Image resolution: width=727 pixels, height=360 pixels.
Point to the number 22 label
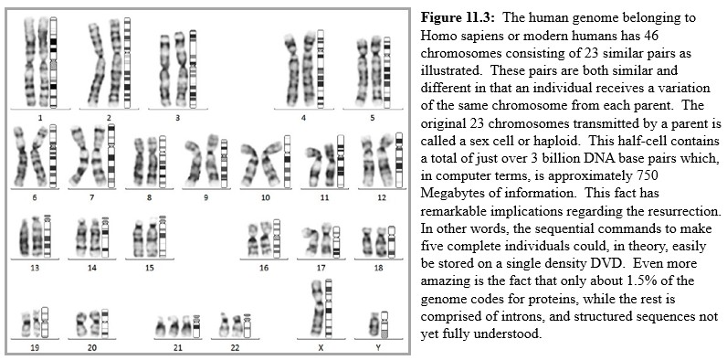coord(237,349)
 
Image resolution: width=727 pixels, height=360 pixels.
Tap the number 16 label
coord(263,269)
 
